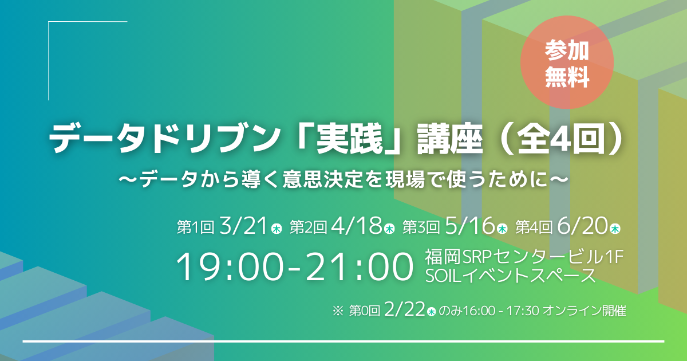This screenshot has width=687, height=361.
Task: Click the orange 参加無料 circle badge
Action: (567, 62)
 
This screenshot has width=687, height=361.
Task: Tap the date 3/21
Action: (243, 226)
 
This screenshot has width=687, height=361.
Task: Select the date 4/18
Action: (356, 226)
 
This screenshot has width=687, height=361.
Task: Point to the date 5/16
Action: (469, 226)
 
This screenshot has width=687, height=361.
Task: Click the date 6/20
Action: (582, 226)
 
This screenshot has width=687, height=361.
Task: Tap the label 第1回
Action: (195, 227)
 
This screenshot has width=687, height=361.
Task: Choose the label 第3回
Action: (421, 227)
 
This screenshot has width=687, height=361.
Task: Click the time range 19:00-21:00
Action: (294, 266)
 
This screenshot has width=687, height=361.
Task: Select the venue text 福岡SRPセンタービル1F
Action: (524, 257)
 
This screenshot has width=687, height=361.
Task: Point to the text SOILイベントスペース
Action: (510, 276)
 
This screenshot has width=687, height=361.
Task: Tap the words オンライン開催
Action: (585, 311)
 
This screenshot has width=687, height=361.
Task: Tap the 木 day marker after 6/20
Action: (615, 229)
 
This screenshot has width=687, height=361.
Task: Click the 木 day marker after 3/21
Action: (277, 229)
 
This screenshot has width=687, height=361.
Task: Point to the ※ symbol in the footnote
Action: (338, 311)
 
